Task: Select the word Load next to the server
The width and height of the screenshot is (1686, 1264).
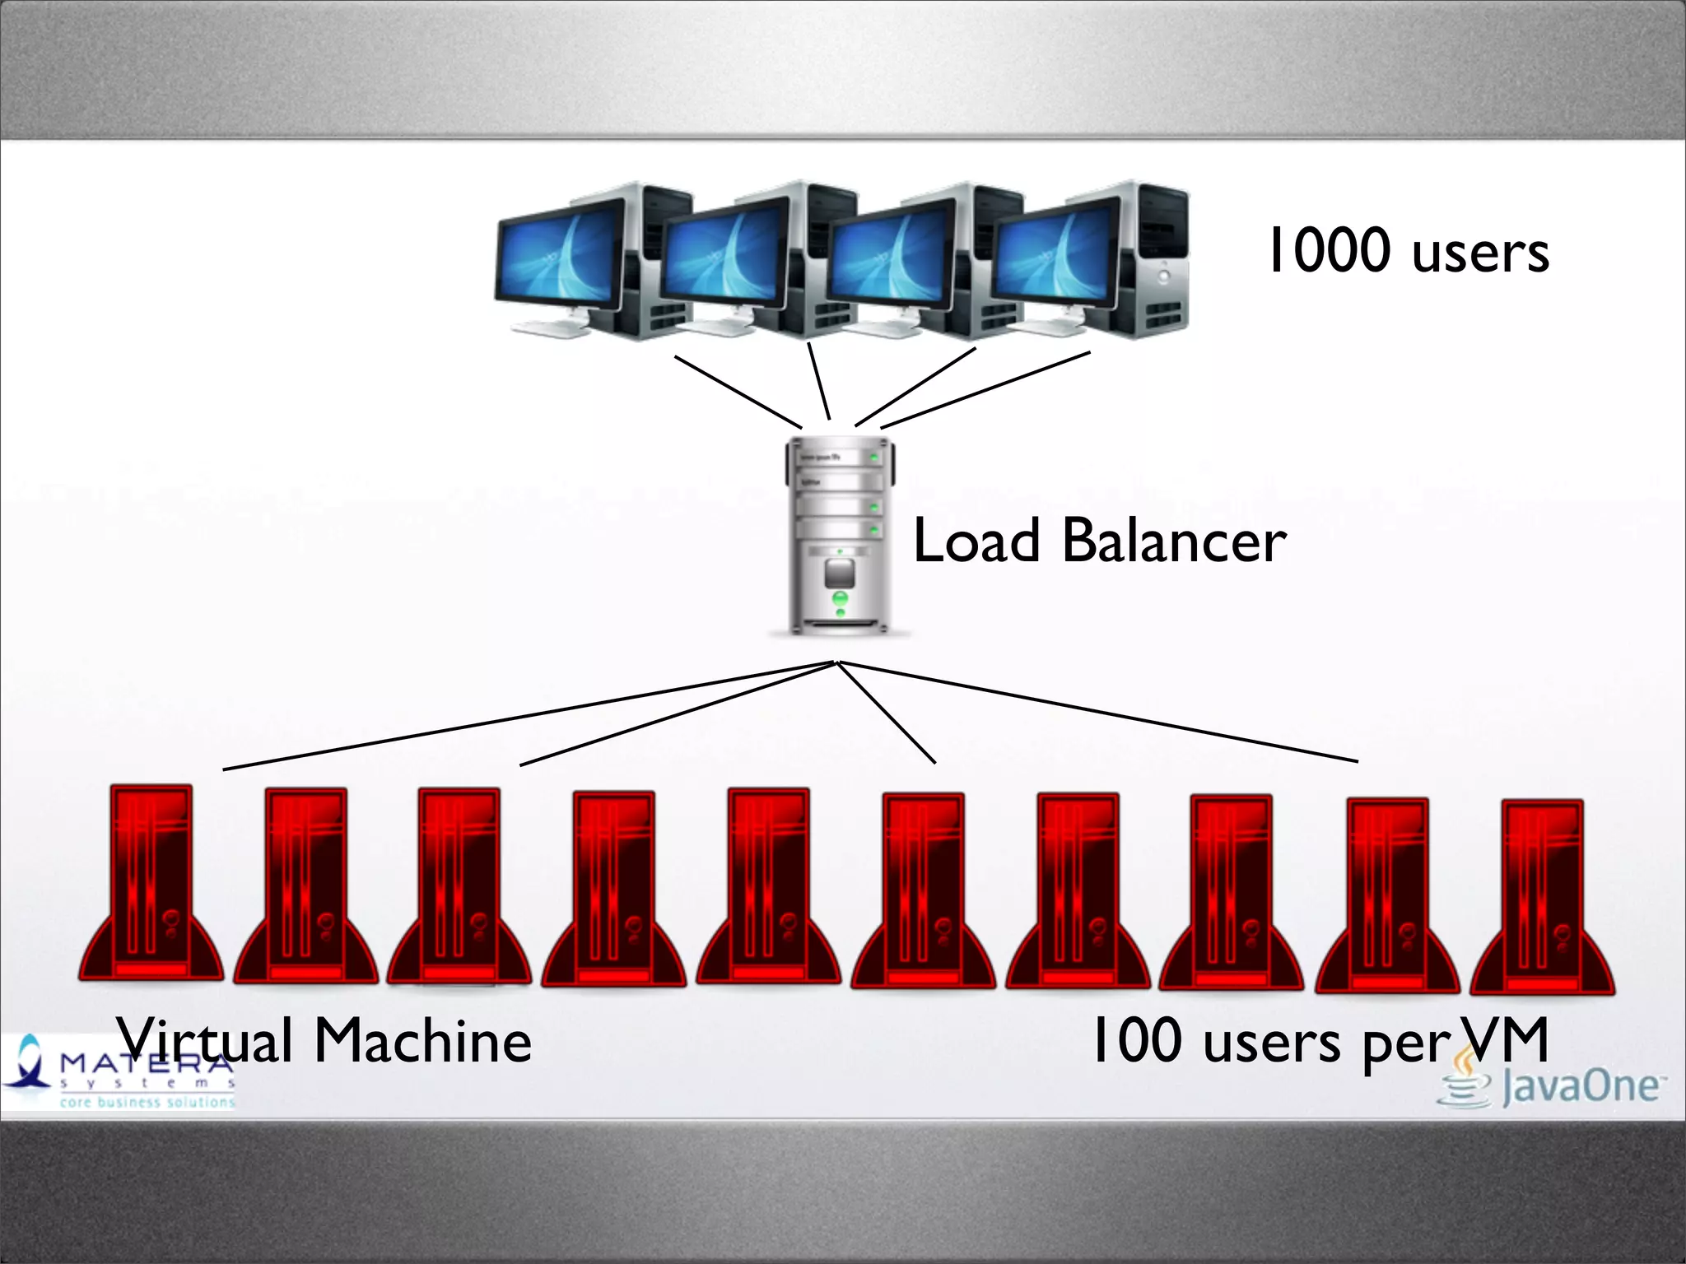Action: (x=977, y=541)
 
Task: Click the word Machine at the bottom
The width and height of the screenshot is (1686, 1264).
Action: (x=423, y=1042)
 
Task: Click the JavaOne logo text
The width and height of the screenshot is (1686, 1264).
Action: (x=1579, y=1086)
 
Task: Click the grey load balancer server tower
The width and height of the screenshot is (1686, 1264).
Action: (x=840, y=535)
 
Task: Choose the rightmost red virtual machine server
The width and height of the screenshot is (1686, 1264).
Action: (x=1542, y=897)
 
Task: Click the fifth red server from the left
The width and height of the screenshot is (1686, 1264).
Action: (x=768, y=889)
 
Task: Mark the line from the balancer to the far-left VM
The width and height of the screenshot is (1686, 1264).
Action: (x=527, y=716)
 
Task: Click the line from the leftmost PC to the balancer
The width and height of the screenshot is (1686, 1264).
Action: (x=738, y=392)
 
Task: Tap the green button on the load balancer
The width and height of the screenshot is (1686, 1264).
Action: (x=840, y=598)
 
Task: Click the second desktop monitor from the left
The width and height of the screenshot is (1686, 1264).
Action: (x=724, y=252)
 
